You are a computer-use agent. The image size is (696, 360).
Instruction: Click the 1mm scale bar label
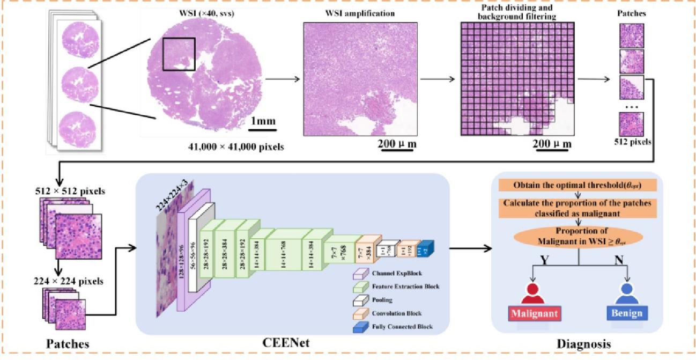[x=262, y=121]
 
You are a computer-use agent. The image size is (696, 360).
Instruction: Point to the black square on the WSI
[x=179, y=55]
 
